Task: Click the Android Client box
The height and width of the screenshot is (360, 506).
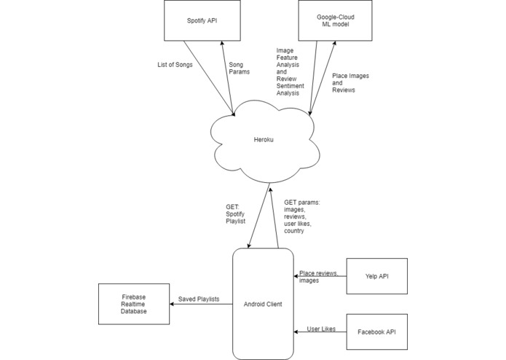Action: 263,303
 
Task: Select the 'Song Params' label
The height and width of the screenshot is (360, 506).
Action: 241,69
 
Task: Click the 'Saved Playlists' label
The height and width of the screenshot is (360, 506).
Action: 201,298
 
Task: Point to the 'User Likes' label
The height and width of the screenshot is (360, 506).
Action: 321,329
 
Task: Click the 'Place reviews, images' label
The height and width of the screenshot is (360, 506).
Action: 319,276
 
